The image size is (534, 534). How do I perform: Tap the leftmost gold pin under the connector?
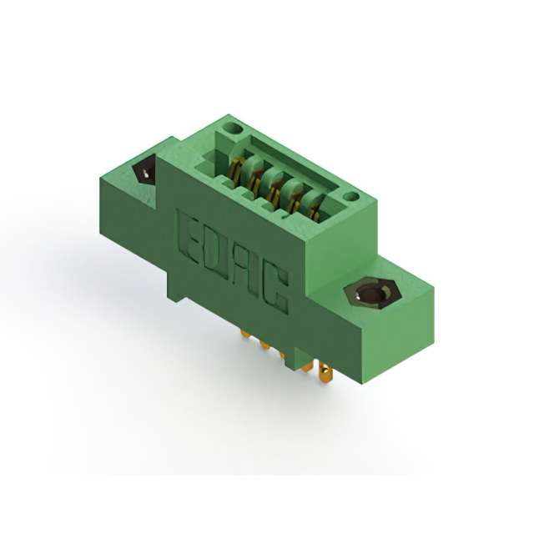pos(244,336)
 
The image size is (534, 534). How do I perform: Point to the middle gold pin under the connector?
pos(284,355)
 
